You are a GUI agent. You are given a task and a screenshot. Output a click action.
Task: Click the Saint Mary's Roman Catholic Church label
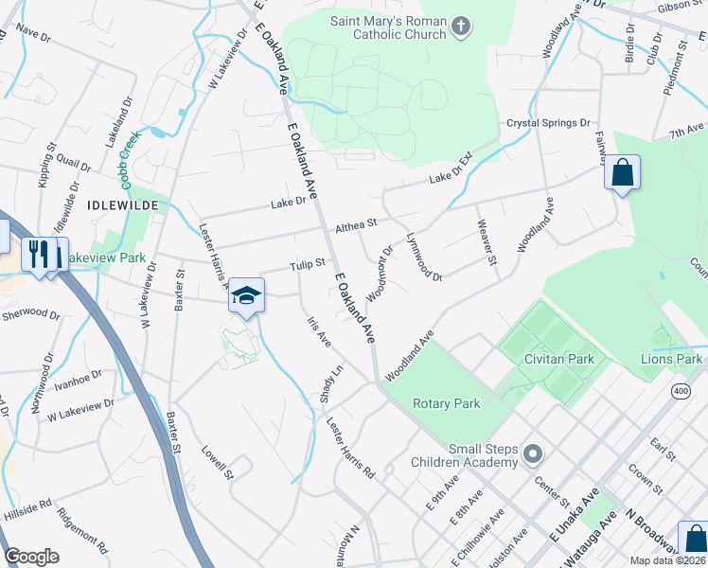pyautogui.click(x=387, y=27)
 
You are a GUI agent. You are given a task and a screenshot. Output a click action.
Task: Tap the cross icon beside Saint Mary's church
pyautogui.click(x=461, y=26)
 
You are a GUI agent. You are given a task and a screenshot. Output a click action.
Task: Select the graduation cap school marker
pyautogui.click(x=246, y=296)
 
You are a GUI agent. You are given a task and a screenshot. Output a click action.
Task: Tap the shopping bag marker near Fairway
pyautogui.click(x=622, y=173)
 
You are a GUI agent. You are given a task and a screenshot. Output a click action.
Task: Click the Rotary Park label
pyautogui.click(x=447, y=403)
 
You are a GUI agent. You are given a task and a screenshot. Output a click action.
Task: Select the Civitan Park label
pyautogui.click(x=559, y=360)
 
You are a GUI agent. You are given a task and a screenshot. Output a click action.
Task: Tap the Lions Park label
pyautogui.click(x=671, y=359)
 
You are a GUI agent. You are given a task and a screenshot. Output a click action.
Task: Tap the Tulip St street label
pyautogui.click(x=308, y=264)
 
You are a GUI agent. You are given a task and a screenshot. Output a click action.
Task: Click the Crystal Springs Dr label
pyautogui.click(x=548, y=123)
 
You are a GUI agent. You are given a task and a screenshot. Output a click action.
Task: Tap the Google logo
pyautogui.click(x=32, y=557)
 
